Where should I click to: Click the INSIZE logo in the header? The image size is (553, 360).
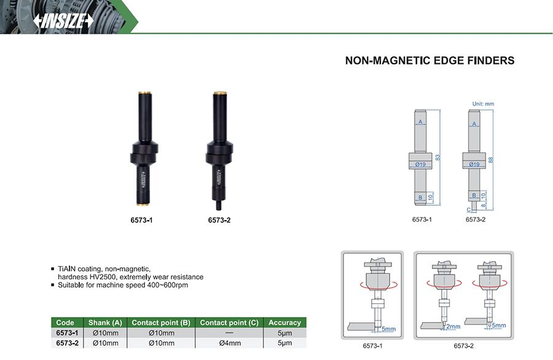pyautogui.click(x=63, y=21)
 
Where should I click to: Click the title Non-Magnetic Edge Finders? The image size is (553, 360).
pyautogui.click(x=429, y=61)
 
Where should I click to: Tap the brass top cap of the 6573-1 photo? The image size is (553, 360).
pyautogui.click(x=144, y=93)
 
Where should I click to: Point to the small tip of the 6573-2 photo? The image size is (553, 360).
pyautogui.click(x=218, y=205)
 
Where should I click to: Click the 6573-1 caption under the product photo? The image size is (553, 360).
pyautogui.click(x=141, y=220)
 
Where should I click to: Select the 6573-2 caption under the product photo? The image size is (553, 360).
pyautogui.click(x=219, y=220)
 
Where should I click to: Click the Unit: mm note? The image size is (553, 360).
pyautogui.click(x=483, y=104)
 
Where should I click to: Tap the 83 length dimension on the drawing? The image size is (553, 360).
pyautogui.click(x=437, y=157)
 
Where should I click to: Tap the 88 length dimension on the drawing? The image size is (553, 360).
pyautogui.click(x=490, y=160)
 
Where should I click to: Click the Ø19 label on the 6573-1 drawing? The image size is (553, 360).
pyautogui.click(x=420, y=164)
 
